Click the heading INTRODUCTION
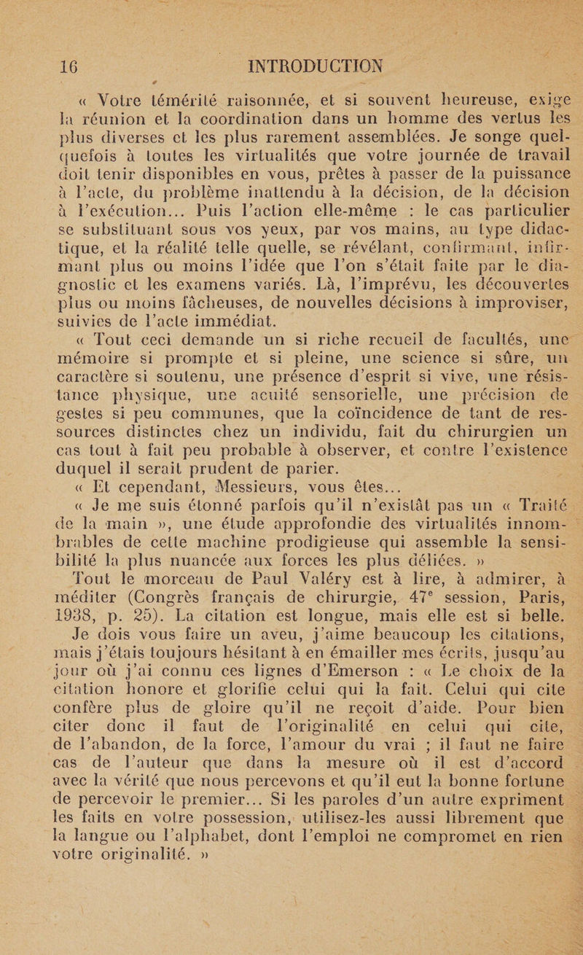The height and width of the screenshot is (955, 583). [x=320, y=71]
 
